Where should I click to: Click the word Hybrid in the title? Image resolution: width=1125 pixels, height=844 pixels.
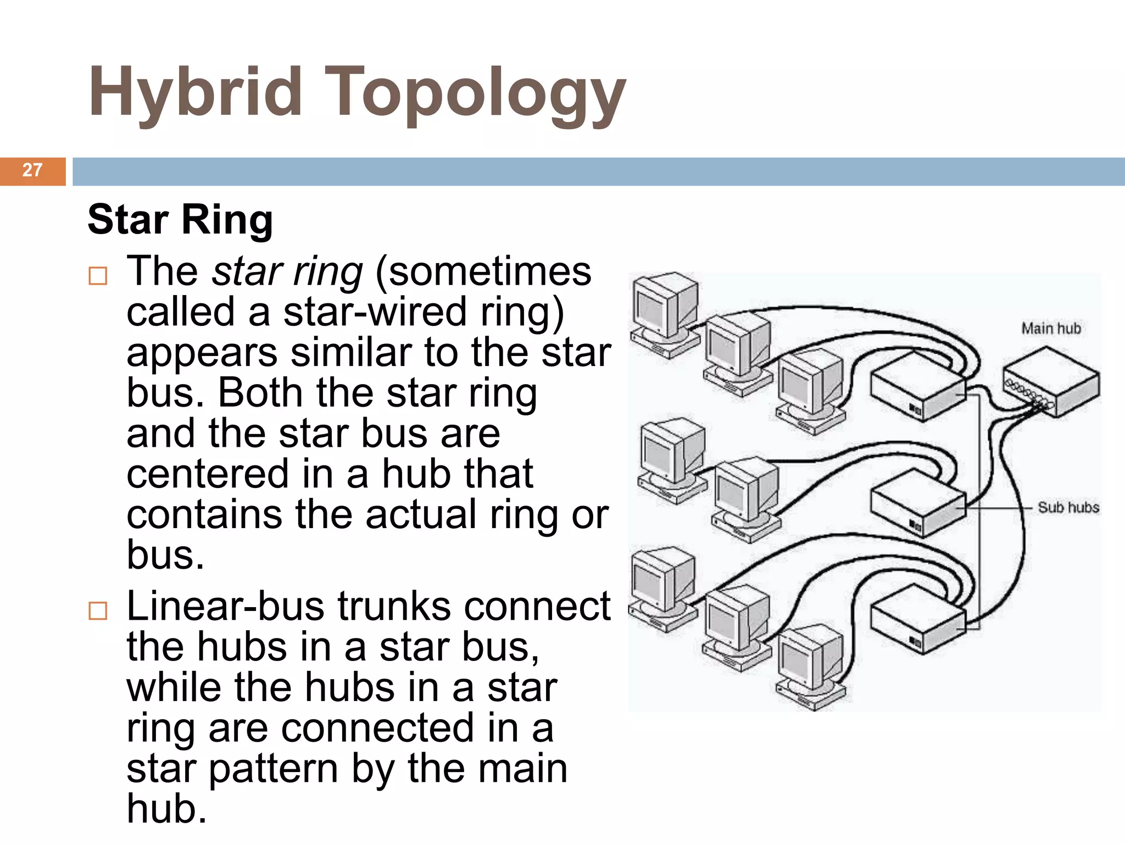[x=195, y=92]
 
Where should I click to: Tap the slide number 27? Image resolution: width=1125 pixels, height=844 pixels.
[x=32, y=170]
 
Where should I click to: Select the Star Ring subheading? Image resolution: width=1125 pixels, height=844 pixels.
[x=180, y=219]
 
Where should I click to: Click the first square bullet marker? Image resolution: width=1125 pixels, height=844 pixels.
[x=98, y=275]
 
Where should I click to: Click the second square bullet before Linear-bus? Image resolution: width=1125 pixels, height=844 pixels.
[x=98, y=610]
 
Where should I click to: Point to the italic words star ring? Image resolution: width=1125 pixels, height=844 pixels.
[x=287, y=271]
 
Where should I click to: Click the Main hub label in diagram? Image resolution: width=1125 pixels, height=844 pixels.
[x=1050, y=329]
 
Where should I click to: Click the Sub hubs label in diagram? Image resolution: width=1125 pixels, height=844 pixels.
[x=1068, y=507]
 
